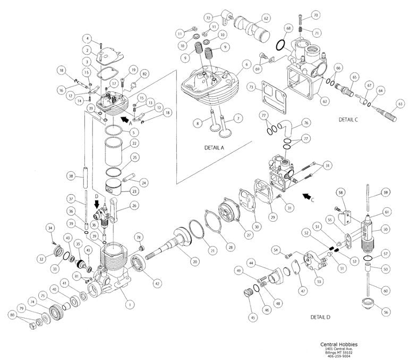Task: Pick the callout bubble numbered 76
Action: pyautogui.click(x=306, y=122)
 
